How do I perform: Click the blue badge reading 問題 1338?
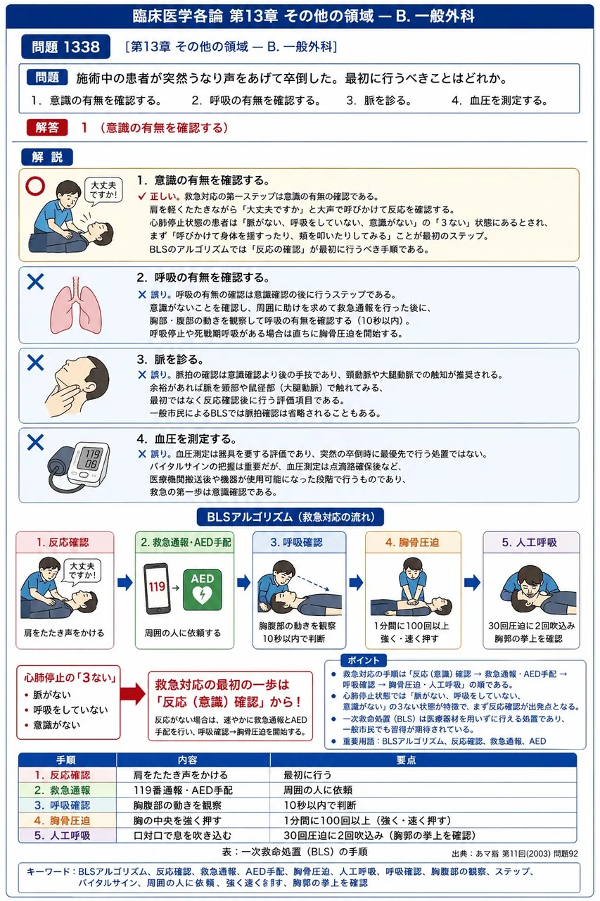click(x=65, y=46)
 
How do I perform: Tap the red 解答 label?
click(x=47, y=127)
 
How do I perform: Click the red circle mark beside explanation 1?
click(x=35, y=187)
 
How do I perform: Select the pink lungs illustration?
click(x=76, y=305)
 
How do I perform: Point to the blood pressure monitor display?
click(x=92, y=460)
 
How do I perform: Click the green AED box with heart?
click(x=202, y=590)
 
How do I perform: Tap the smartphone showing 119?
click(x=157, y=588)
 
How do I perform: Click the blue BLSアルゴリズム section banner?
click(x=291, y=517)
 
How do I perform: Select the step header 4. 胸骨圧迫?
click(x=413, y=542)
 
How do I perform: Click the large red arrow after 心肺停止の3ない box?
click(x=133, y=693)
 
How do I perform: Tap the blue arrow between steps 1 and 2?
click(x=125, y=582)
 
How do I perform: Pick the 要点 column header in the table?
click(x=406, y=760)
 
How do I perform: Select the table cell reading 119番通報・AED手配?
click(x=183, y=790)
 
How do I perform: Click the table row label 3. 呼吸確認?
click(x=63, y=805)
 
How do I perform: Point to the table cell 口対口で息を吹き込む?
click(x=182, y=836)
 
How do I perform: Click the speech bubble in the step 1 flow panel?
click(x=82, y=572)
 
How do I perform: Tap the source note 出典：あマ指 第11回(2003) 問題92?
click(x=514, y=854)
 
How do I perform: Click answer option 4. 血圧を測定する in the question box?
click(x=499, y=100)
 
